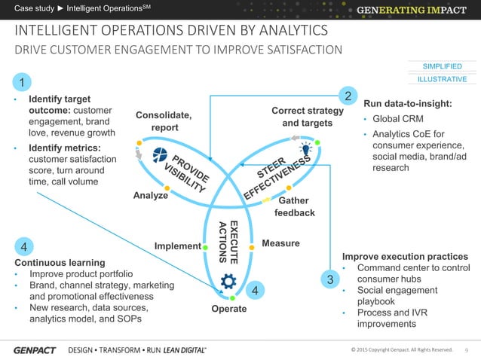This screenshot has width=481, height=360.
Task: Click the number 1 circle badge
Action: pos(23,82)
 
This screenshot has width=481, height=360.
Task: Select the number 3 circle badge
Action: pos(329,280)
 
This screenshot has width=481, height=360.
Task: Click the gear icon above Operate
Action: pos(228,282)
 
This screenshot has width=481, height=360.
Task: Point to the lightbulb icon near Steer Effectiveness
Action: pos(306,147)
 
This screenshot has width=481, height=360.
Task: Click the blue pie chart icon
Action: pos(160,155)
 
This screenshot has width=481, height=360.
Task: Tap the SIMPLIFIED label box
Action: pos(442,66)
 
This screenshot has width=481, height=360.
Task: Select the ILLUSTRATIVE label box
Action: pos(442,79)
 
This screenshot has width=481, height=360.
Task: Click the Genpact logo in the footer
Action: pos(34,350)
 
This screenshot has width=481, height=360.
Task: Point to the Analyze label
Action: pos(150,196)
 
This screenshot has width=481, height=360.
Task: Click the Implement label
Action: pos(177,246)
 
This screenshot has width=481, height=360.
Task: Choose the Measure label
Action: pos(280,243)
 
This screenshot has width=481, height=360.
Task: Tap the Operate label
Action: pos(228,309)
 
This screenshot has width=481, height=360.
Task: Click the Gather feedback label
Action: pos(294,207)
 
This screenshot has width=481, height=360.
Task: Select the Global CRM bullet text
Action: pos(398,119)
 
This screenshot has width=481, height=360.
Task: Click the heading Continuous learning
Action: pos(55,262)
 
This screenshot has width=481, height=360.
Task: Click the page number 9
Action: pos(467,349)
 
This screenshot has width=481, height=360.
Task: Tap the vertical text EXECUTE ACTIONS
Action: pos(228,242)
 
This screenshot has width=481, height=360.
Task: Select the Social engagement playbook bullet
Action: pos(397,295)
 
